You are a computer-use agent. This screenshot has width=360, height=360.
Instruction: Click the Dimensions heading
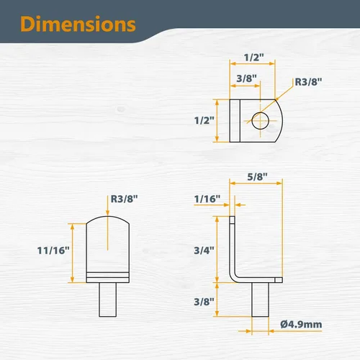pyautogui.click(x=78, y=24)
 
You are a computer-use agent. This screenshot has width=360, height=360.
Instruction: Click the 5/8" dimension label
pyautogui.click(x=257, y=177)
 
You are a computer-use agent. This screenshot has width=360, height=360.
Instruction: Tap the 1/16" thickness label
pyautogui.click(x=207, y=199)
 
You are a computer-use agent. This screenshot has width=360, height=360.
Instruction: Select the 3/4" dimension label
pyautogui.click(x=204, y=251)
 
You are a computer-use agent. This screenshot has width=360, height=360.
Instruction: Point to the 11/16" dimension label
pyautogui.click(x=53, y=251)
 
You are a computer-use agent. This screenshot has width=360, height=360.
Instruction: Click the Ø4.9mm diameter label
pyautogui.click(x=301, y=325)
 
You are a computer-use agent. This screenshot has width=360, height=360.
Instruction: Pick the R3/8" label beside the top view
pyautogui.click(x=308, y=82)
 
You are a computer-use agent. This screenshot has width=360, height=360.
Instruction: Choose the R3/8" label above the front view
pyautogui.click(x=124, y=199)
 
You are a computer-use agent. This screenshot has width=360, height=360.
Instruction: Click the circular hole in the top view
pyautogui.click(x=260, y=120)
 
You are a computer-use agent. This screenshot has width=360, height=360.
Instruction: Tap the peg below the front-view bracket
pyautogui.click(x=107, y=300)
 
